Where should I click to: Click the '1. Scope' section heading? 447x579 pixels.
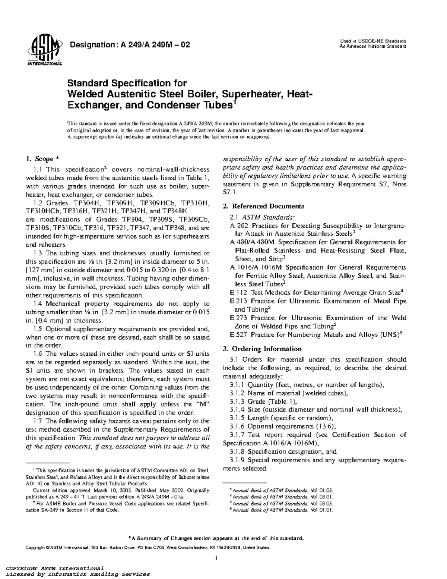click(40, 159)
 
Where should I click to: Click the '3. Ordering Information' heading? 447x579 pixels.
click(262, 349)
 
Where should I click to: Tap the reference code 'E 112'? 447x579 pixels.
click(238, 293)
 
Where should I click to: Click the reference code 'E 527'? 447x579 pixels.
click(238, 335)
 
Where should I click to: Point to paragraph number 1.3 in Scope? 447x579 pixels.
click(38, 253)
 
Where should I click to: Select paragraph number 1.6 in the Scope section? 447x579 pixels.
click(38, 354)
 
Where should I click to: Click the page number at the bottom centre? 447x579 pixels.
click(216, 558)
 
